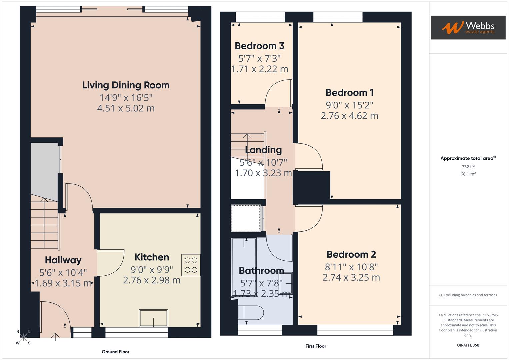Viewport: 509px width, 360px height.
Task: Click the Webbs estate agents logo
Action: pos(468,27)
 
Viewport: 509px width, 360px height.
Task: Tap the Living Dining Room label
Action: pos(126,85)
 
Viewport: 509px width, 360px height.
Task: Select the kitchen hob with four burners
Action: pos(191,265)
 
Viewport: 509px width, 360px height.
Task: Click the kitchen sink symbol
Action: pos(153,318)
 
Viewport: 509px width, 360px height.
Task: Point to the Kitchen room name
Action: pos(152,257)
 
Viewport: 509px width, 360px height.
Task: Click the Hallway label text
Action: pos(63,260)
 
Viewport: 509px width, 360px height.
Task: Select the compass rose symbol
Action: pos(23,337)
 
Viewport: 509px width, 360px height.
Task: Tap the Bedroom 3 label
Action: pos(259,46)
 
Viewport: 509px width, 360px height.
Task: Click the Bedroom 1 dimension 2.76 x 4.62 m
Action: pos(349,116)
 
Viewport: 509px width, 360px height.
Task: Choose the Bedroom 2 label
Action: pos(351,255)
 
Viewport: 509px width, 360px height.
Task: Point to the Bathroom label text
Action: pos(261,271)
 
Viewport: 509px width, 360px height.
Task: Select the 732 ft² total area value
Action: pos(468,167)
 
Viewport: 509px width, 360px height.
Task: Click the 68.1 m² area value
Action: pos(468,174)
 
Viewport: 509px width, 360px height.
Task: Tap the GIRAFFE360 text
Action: pos(468,345)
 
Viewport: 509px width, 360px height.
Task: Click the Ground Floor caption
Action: pos(115,352)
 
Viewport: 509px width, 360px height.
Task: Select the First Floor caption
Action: pos(315,346)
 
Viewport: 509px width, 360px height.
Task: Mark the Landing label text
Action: pos(263,150)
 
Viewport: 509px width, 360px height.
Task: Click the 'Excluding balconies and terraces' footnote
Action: pos(468,295)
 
